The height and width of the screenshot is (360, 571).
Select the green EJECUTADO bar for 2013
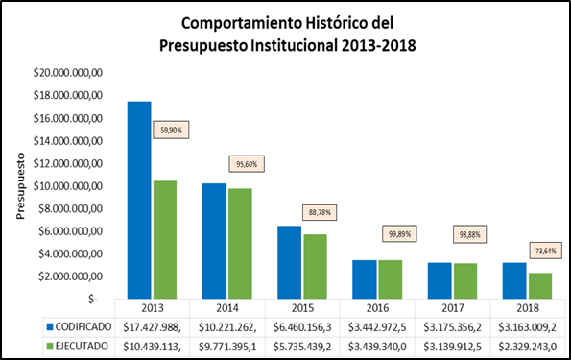click(165, 240)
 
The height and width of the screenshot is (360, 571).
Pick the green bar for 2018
click(539, 286)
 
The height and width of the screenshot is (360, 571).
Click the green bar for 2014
click(240, 244)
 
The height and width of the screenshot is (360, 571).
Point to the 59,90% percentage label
click(168, 131)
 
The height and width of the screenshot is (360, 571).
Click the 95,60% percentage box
click(243, 164)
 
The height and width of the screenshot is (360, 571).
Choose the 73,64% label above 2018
click(542, 252)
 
